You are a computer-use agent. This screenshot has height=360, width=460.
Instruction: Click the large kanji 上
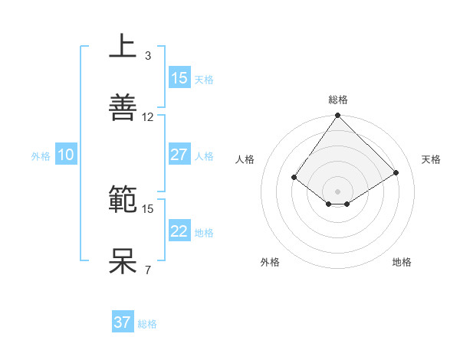point(123,46)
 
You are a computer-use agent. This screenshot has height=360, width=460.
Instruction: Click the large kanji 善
point(123,107)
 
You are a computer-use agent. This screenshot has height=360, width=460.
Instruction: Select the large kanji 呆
point(123,260)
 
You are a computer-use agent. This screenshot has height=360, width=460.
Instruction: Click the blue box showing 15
point(179,77)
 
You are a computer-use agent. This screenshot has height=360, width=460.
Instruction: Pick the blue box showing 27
point(179,155)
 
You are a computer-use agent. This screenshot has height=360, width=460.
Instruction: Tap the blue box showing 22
point(179,231)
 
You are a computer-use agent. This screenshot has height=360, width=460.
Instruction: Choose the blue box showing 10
point(65,155)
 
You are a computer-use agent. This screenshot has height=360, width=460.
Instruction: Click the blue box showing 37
point(123,322)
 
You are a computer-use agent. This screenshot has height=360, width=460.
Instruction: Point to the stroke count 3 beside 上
point(147,55)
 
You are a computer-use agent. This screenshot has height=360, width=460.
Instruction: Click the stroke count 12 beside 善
point(148,117)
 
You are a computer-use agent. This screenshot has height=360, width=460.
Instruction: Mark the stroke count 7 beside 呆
point(147,270)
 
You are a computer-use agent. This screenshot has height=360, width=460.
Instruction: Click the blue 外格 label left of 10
point(41,155)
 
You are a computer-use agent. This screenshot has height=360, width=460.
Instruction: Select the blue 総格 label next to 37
point(147,323)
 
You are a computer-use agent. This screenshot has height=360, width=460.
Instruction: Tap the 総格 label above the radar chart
point(338,100)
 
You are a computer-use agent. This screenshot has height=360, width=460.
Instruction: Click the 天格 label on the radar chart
point(431,159)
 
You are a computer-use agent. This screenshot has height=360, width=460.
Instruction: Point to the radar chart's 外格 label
point(270,262)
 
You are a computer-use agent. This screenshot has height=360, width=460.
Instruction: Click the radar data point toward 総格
point(338,116)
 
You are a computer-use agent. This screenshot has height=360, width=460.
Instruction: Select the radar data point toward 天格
point(396,173)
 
